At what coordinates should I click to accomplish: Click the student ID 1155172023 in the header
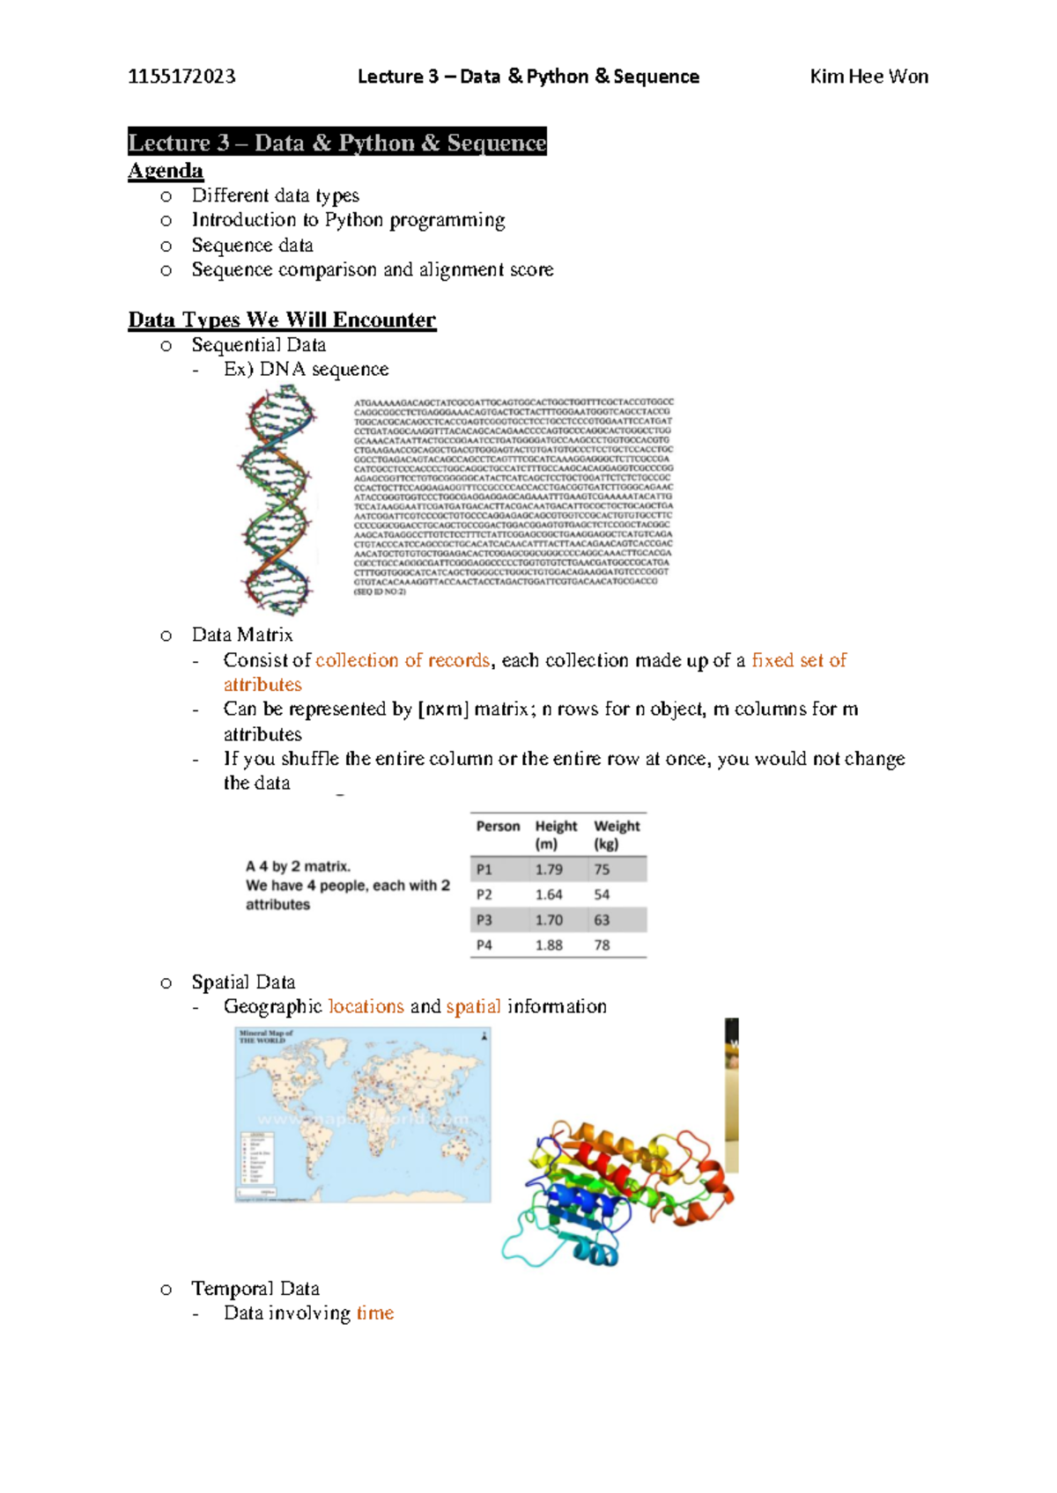tap(181, 77)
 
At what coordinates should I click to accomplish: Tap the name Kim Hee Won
tap(869, 77)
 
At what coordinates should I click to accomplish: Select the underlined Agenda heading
tap(166, 171)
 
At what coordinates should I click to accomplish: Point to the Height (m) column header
tap(556, 835)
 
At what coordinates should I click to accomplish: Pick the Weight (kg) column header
tap(617, 835)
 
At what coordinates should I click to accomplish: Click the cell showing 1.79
tap(549, 870)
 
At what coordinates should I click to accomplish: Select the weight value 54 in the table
tap(602, 894)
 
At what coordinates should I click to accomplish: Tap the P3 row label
tap(484, 920)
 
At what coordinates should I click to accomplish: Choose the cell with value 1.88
tap(549, 945)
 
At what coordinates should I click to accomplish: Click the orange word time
tap(375, 1313)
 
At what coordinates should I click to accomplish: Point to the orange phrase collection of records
tap(403, 660)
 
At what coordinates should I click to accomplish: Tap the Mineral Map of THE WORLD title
tap(266, 1036)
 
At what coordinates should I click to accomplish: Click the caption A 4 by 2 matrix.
tap(298, 866)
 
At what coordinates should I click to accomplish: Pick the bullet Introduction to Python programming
tap(348, 220)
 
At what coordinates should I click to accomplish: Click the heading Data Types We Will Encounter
tap(282, 320)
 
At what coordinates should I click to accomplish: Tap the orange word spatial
tap(473, 1006)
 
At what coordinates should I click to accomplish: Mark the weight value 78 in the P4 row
tap(602, 945)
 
